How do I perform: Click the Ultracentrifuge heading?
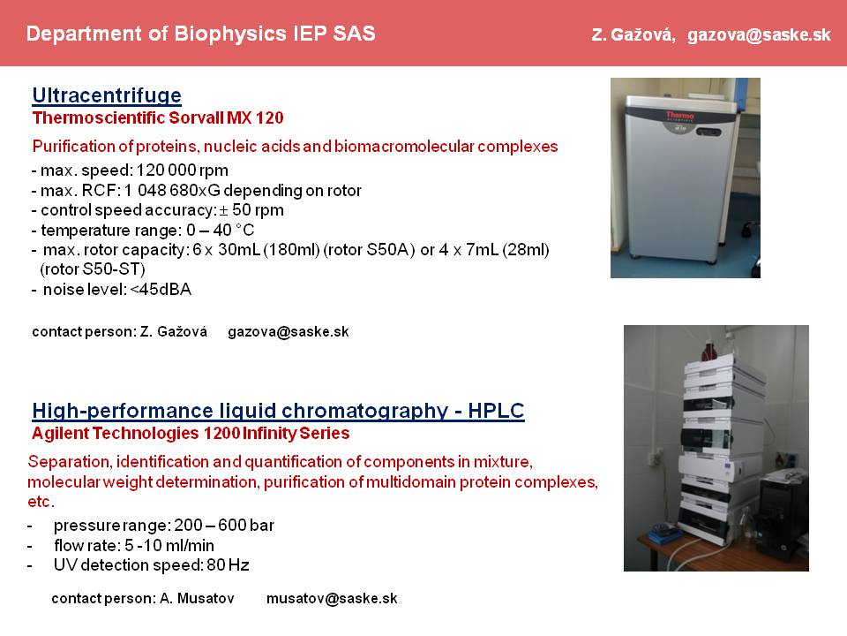[x=107, y=95]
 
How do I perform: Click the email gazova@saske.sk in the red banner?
[x=759, y=35]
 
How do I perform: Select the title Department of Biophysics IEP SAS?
[x=200, y=34]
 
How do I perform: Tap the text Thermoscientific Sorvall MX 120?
[x=158, y=117]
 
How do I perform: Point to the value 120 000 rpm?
[x=182, y=170]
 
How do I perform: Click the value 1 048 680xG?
[x=172, y=191]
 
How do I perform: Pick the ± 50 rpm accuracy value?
[x=251, y=210]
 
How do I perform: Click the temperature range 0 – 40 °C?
[x=221, y=231]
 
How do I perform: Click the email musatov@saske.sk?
[x=332, y=599]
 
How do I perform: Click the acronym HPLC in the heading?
[x=496, y=411]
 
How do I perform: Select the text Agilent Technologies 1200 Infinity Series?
[x=191, y=433]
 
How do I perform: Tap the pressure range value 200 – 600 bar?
[x=224, y=525]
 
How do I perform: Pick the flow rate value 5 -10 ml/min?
[x=169, y=545]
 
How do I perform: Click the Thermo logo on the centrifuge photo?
[x=679, y=116]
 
